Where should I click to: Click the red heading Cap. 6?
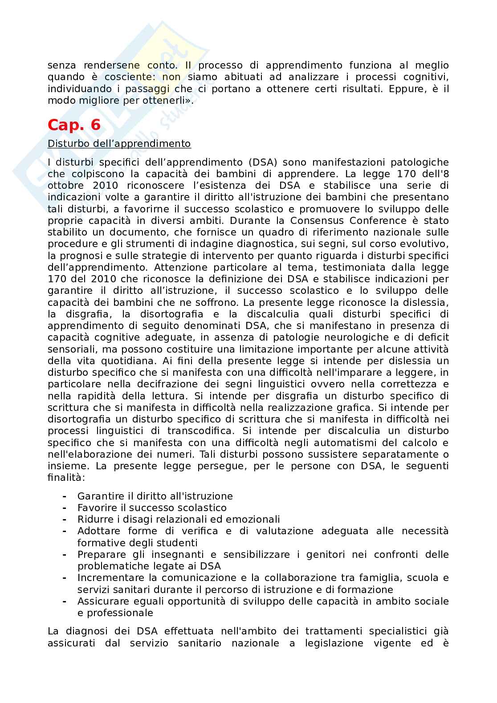74,126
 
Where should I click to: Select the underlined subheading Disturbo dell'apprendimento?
119,144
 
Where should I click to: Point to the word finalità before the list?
66,478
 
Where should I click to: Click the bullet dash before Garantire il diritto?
65,496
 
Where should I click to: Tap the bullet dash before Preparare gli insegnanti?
65,554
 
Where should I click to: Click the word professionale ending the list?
115,613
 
